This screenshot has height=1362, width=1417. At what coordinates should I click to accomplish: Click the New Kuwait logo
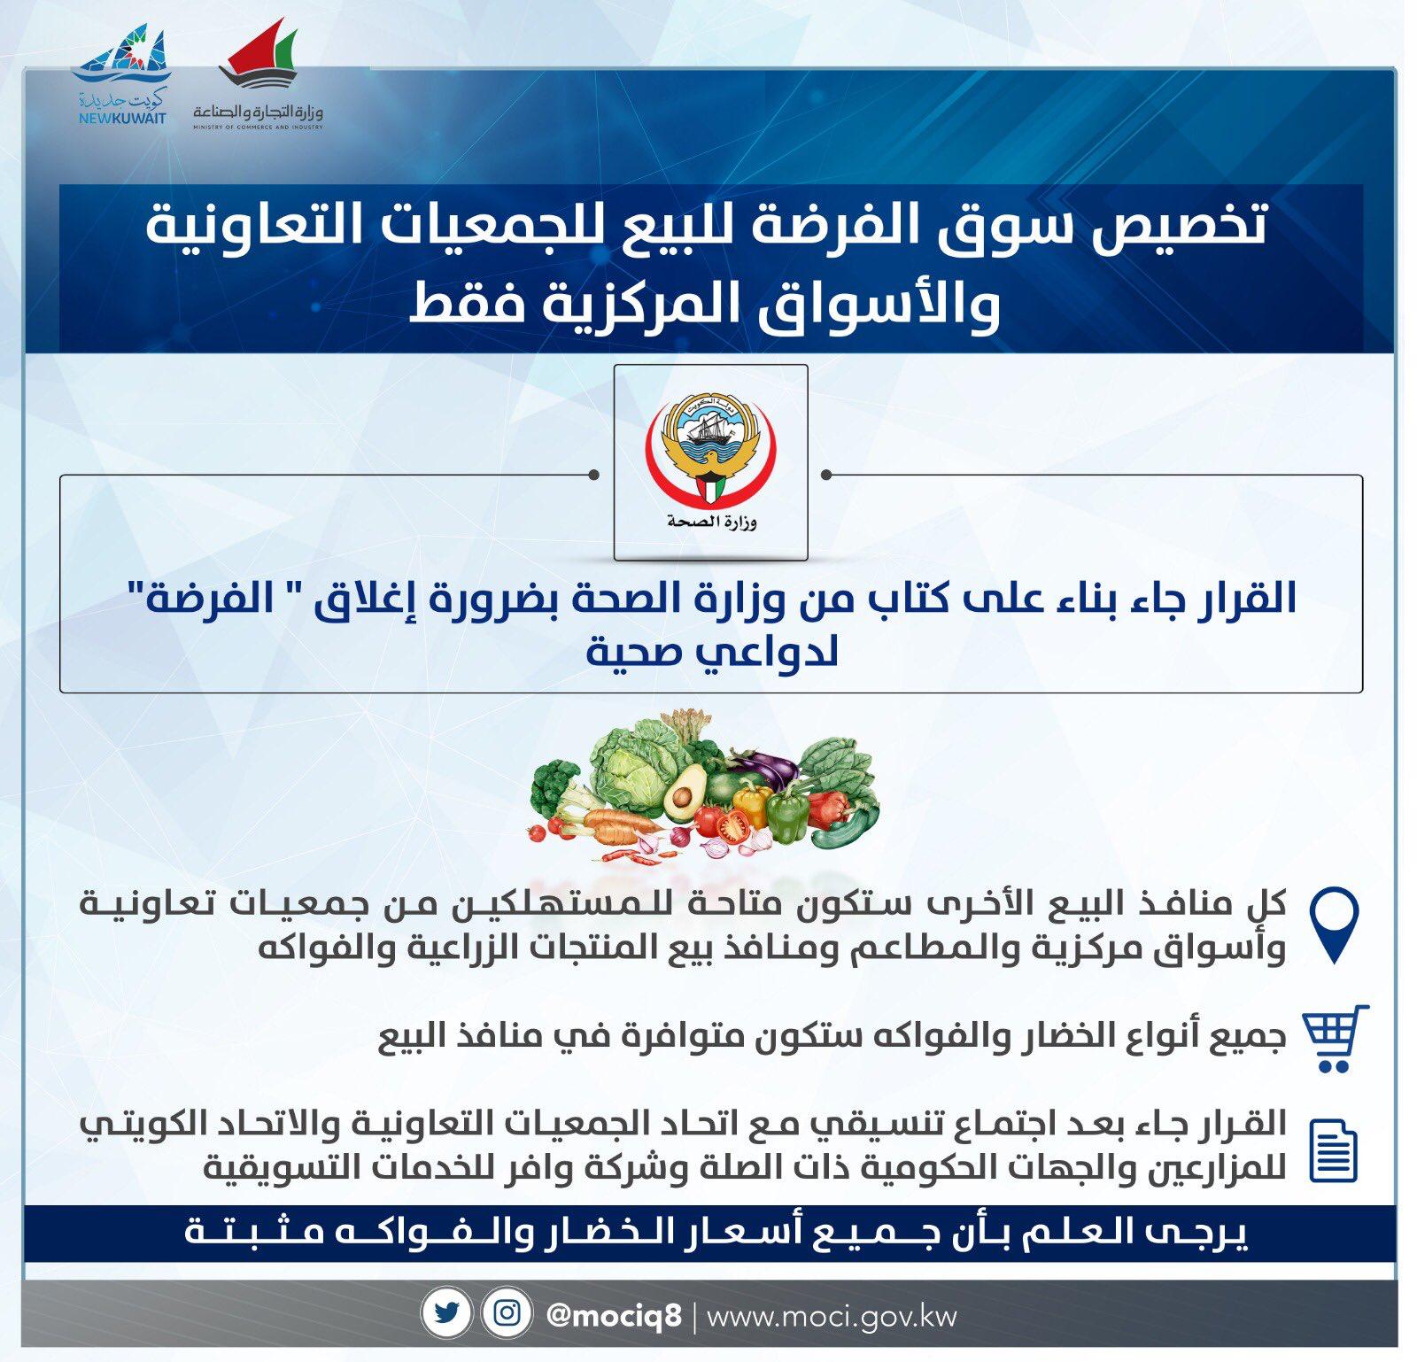click(122, 76)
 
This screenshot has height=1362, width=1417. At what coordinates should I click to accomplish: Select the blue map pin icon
click(1334, 925)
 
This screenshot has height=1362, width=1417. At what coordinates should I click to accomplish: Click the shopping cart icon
click(1336, 1038)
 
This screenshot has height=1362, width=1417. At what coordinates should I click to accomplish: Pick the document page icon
click(1333, 1150)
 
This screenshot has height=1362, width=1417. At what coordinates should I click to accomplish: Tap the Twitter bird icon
click(447, 1313)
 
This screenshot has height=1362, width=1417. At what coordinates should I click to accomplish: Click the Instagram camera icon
click(507, 1313)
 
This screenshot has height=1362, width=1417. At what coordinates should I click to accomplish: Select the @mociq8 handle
click(614, 1315)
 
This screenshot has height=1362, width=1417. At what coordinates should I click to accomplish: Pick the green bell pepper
click(787, 816)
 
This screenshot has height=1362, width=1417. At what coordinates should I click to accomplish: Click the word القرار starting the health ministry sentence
click(1244, 596)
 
